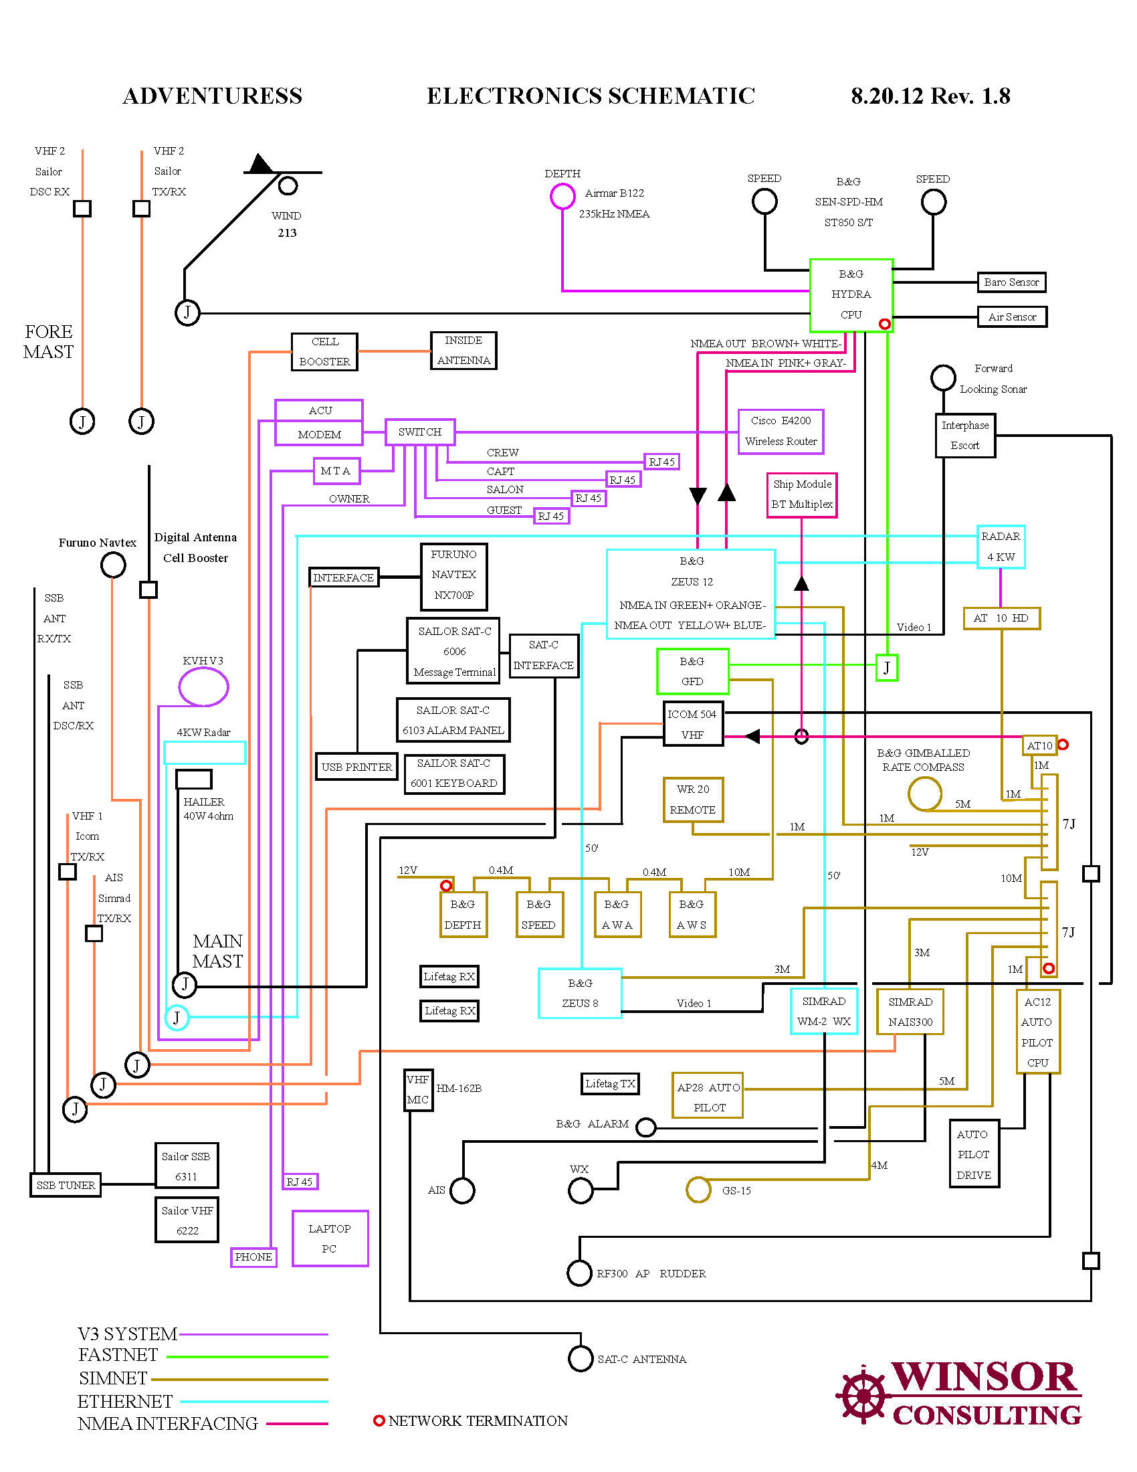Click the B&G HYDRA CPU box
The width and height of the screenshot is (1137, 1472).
click(x=851, y=294)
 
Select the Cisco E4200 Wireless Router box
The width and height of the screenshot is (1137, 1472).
click(x=780, y=432)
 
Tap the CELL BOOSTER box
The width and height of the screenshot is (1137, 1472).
click(x=324, y=351)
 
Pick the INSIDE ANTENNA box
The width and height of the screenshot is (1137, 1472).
click(x=463, y=351)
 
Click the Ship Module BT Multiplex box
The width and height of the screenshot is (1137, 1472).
click(x=801, y=494)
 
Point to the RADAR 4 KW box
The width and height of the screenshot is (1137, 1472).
click(x=1001, y=547)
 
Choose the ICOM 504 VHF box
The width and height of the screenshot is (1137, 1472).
click(x=692, y=725)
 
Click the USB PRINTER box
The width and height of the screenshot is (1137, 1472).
click(x=356, y=767)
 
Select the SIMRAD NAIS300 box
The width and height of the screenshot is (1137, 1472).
click(x=910, y=1012)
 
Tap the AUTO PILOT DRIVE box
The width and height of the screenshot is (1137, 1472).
click(x=973, y=1155)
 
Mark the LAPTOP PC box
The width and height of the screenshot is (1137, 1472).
click(x=329, y=1238)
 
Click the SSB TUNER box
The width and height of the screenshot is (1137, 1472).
click(x=66, y=1185)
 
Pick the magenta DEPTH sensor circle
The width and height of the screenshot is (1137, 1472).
click(x=562, y=196)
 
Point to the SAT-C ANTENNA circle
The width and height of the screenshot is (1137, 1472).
click(x=580, y=1359)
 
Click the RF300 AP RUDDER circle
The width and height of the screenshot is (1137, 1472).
click(x=579, y=1273)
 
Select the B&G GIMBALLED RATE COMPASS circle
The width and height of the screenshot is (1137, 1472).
click(x=924, y=794)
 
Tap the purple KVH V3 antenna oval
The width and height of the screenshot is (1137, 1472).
click(x=203, y=686)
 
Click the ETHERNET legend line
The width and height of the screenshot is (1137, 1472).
click(x=254, y=1401)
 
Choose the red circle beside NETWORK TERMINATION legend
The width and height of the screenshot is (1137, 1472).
click(x=379, y=1420)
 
